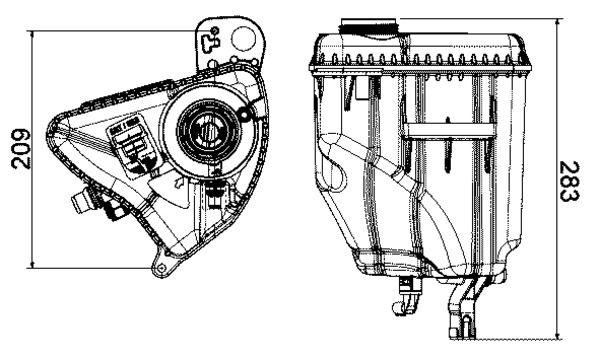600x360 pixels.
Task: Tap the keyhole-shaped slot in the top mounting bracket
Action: point(210,41)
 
